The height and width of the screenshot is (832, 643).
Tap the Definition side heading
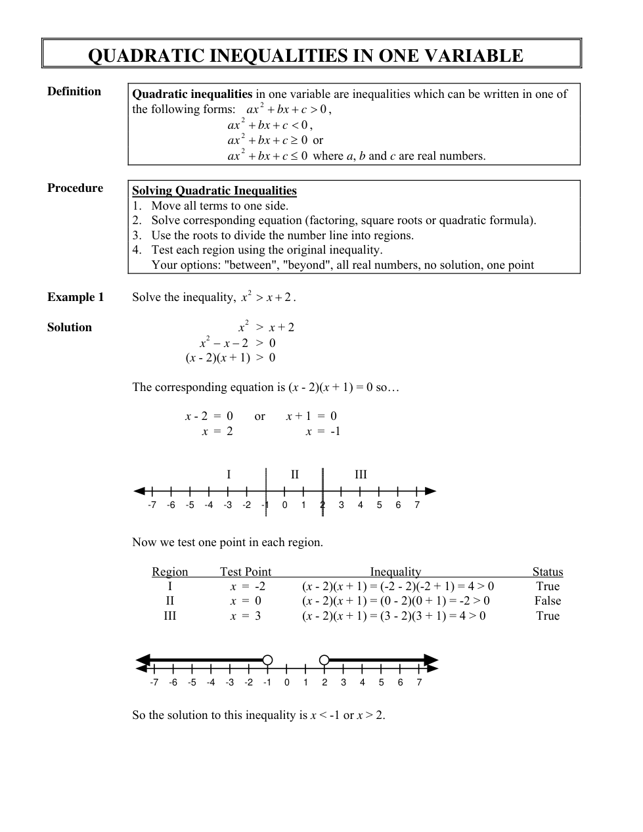(x=74, y=91)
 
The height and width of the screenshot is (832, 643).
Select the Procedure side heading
(x=75, y=188)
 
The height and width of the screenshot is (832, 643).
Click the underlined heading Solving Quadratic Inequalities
(x=214, y=191)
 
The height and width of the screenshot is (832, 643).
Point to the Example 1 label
(x=76, y=297)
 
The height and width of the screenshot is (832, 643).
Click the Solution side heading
(x=70, y=327)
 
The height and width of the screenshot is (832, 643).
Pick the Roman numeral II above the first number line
(x=295, y=474)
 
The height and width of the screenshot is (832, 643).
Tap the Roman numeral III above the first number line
(x=361, y=474)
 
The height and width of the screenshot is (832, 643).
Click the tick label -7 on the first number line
(x=152, y=505)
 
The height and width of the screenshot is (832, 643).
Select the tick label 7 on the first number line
(x=417, y=505)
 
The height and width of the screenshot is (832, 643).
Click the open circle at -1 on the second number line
(x=267, y=660)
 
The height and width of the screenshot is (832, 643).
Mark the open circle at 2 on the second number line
(x=324, y=660)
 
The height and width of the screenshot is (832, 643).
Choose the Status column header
(x=548, y=572)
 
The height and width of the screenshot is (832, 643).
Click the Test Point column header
(x=245, y=572)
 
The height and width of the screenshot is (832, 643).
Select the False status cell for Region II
(x=548, y=601)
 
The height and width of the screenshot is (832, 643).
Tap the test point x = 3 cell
(x=245, y=616)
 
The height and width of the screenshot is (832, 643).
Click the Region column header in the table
(x=170, y=572)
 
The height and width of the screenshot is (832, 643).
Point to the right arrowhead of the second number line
(x=431, y=660)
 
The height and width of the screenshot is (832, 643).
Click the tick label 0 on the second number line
(x=286, y=683)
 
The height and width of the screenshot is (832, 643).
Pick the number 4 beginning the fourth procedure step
(x=135, y=250)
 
